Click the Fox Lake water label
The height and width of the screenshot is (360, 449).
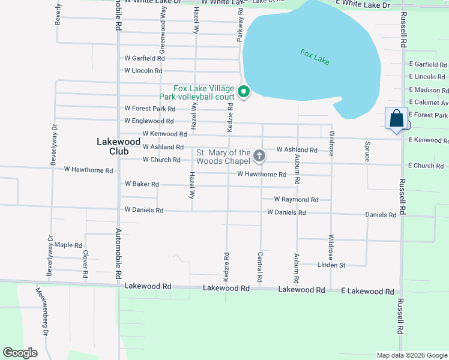315,58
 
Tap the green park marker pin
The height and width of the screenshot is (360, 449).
243,92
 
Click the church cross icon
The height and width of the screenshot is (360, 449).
259,157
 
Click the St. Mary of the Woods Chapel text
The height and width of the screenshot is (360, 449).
223,157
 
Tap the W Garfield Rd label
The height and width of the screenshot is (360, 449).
144,58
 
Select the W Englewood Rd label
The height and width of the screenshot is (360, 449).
149,121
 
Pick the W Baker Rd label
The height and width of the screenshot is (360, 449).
142,184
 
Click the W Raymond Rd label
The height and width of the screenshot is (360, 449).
296,199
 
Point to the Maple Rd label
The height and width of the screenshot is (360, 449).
68,245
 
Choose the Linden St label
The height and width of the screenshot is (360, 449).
331,265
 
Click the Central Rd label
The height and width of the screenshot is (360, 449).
260,268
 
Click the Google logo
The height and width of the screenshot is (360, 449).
20,353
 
